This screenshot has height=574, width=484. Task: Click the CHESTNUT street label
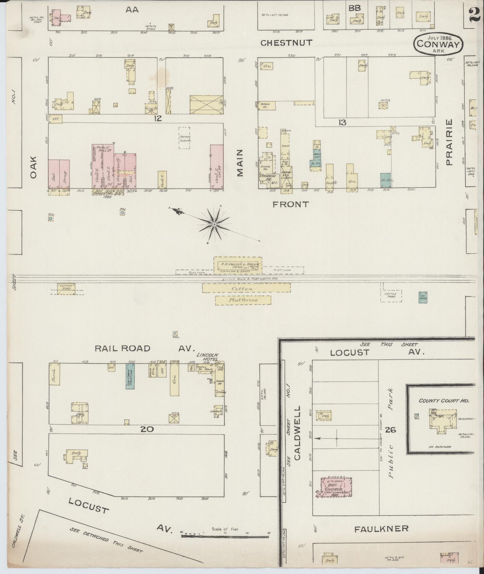click(x=286, y=43)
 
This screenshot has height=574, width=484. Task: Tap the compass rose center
click(x=214, y=225)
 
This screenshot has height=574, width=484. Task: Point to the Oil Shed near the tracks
click(x=423, y=297)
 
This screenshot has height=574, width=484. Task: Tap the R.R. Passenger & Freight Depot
click(x=238, y=265)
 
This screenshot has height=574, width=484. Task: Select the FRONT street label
click(x=290, y=205)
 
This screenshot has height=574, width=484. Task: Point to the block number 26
click(x=391, y=430)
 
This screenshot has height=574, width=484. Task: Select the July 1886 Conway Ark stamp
click(x=438, y=44)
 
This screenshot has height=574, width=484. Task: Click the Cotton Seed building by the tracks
click(x=66, y=287)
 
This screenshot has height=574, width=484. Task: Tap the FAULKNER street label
click(x=381, y=529)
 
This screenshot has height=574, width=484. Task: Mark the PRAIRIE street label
click(x=449, y=142)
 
